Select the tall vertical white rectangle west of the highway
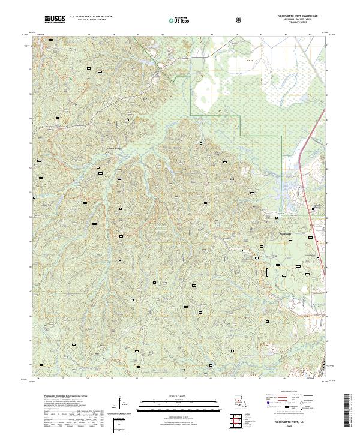pyautogui.click(x=267, y=272)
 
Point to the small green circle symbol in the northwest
pyautogui.click(x=70, y=78)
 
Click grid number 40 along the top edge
pyautogui.click(x=138, y=35)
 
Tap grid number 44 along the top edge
pyautogui.click(x=236, y=35)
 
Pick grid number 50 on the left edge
pyautogui.click(x=31, y=217)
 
